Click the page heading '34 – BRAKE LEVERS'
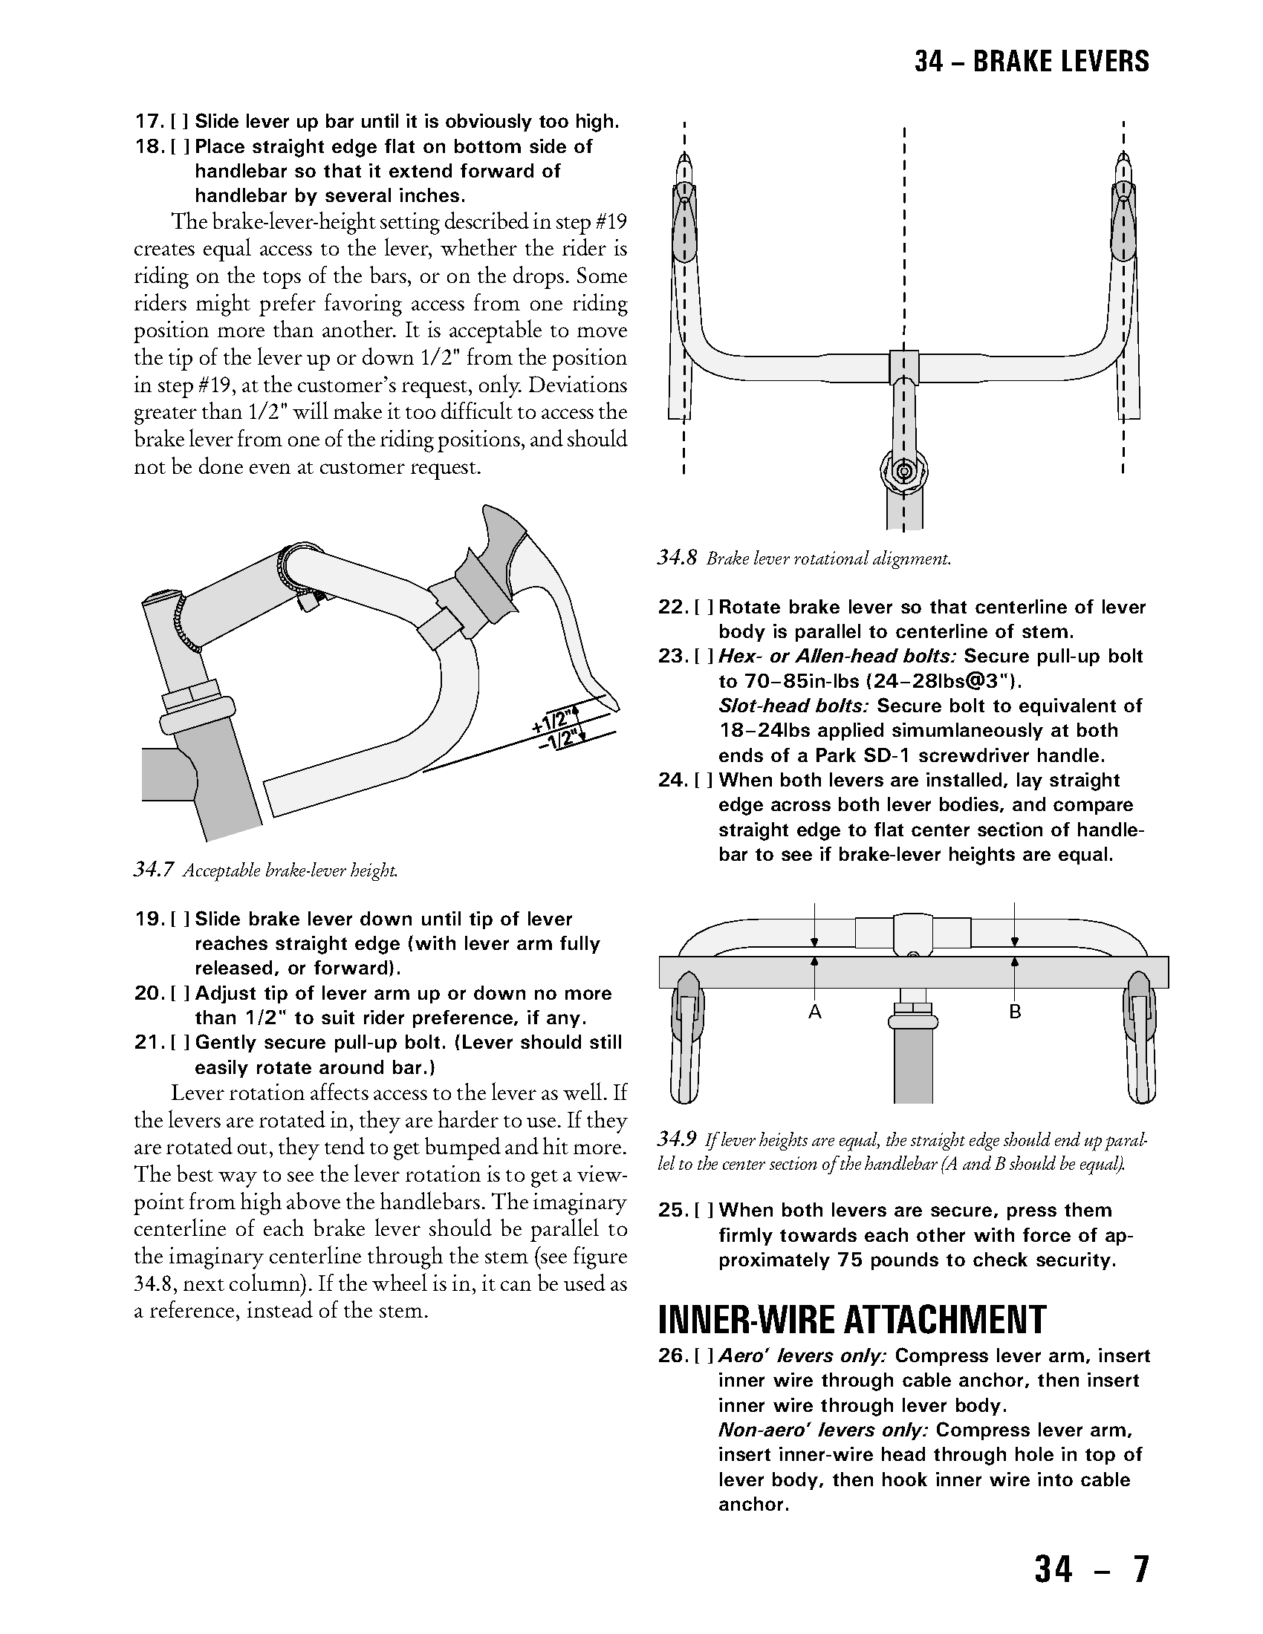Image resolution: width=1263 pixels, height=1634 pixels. tap(1031, 62)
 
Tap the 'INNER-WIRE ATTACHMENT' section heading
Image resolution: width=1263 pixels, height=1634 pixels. tap(851, 1319)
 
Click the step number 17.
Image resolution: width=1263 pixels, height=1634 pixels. tap(148, 122)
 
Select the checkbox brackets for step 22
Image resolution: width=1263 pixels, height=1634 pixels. tap(704, 607)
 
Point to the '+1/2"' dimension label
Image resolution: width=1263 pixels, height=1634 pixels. tap(554, 720)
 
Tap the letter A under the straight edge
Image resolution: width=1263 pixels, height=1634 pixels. tap(815, 1012)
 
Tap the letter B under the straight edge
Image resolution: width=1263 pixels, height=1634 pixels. tap(1015, 1012)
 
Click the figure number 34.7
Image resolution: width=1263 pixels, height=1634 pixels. tap(153, 870)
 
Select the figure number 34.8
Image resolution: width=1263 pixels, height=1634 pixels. tap(677, 558)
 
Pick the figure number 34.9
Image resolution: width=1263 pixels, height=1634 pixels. tap(677, 1139)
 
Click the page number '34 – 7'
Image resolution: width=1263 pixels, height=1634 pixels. tap(1091, 1569)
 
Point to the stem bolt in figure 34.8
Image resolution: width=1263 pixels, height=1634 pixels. tap(904, 472)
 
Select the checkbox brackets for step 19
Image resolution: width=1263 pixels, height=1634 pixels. tap(181, 919)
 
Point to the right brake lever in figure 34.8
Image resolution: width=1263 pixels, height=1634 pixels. tap(1124, 217)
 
